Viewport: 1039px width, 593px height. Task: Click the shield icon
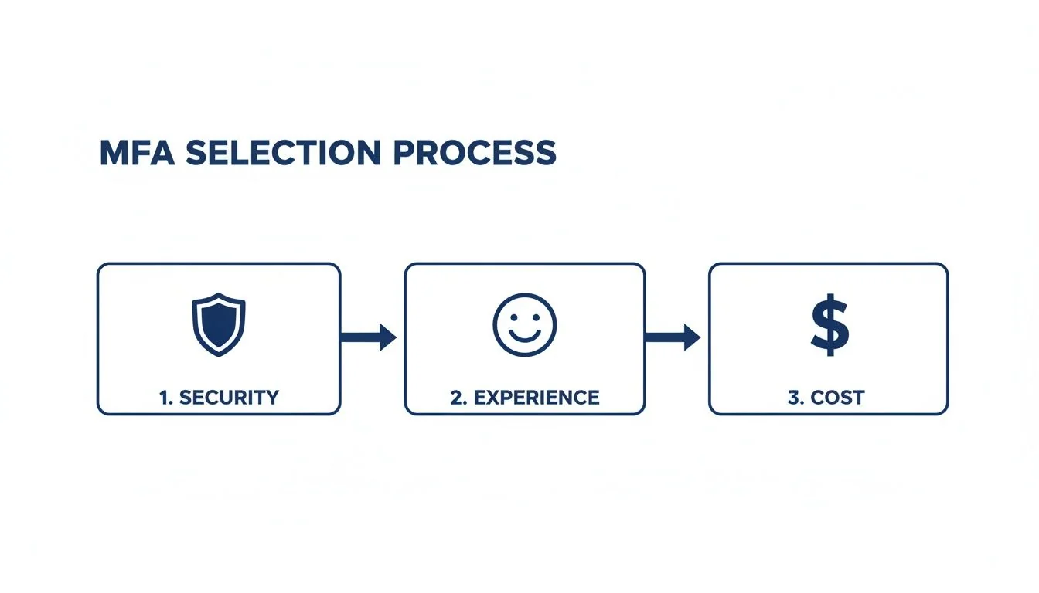point(218,324)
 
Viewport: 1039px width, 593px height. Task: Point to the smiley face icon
point(524,324)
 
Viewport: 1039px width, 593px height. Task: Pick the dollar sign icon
point(829,324)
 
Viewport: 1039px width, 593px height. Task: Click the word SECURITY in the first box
point(229,398)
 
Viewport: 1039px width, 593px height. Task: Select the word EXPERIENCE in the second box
point(536,398)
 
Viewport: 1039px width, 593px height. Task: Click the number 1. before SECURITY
point(165,398)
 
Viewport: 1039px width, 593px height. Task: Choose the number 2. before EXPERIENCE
point(458,398)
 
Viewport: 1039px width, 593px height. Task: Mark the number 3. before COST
point(796,398)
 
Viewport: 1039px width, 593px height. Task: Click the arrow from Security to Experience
point(368,337)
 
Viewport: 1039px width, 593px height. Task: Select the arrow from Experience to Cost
point(672,337)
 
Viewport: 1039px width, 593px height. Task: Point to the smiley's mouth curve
point(524,337)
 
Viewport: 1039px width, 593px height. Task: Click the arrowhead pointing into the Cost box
point(692,337)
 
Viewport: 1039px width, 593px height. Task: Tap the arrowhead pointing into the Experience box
point(387,337)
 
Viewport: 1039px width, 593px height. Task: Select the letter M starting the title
point(114,153)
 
